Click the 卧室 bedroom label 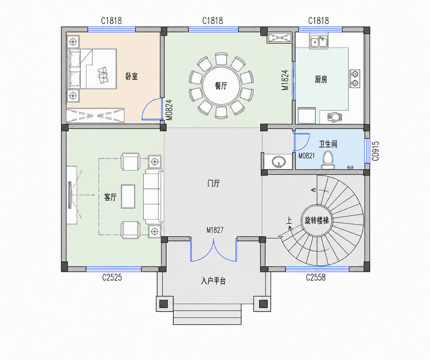tap(132, 76)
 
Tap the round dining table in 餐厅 tap(221, 86)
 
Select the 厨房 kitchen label tap(321, 79)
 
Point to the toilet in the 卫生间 tap(328, 160)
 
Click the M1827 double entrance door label tap(215, 230)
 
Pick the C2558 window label tap(316, 277)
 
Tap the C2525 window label tap(112, 277)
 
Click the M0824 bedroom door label tap(169, 110)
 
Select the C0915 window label tap(375, 151)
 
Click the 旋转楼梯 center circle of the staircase tap(317, 220)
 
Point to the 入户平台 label tap(213, 281)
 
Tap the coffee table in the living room tap(128, 196)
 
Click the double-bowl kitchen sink tap(319, 42)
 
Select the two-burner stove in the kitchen tap(355, 79)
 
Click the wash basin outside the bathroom tap(278, 161)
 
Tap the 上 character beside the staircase tap(289, 220)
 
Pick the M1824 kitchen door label tap(285, 80)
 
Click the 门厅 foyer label tap(213, 183)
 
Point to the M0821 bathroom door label tap(306, 156)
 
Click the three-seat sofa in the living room tap(153, 196)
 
